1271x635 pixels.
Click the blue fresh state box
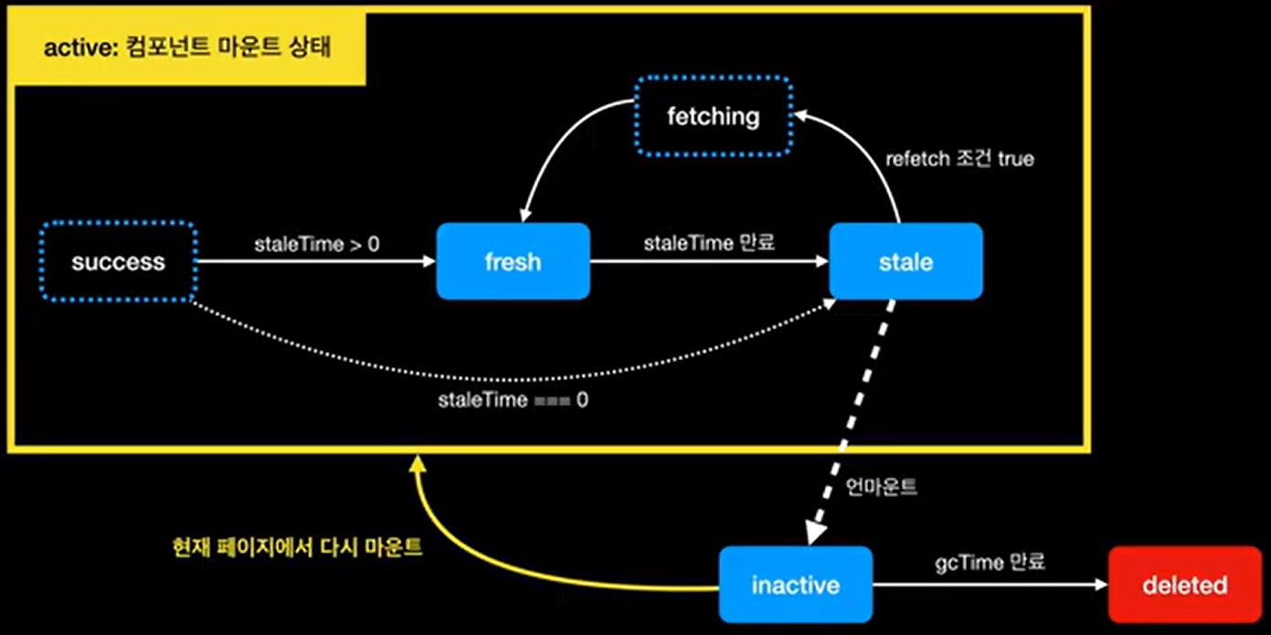[513, 262]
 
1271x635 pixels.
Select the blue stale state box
[906, 262]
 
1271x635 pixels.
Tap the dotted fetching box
[713, 116]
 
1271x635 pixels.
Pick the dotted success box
[119, 262]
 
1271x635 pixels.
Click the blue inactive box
[795, 585]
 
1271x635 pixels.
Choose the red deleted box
[1184, 585]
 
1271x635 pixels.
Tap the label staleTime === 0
[513, 399]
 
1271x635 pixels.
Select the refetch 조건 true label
[959, 159]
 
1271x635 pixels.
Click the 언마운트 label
[883, 487]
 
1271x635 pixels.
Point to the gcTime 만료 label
[990, 561]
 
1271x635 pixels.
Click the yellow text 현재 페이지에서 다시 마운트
[297, 548]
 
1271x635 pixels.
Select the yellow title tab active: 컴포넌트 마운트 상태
[187, 48]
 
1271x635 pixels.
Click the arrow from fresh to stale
[708, 262]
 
